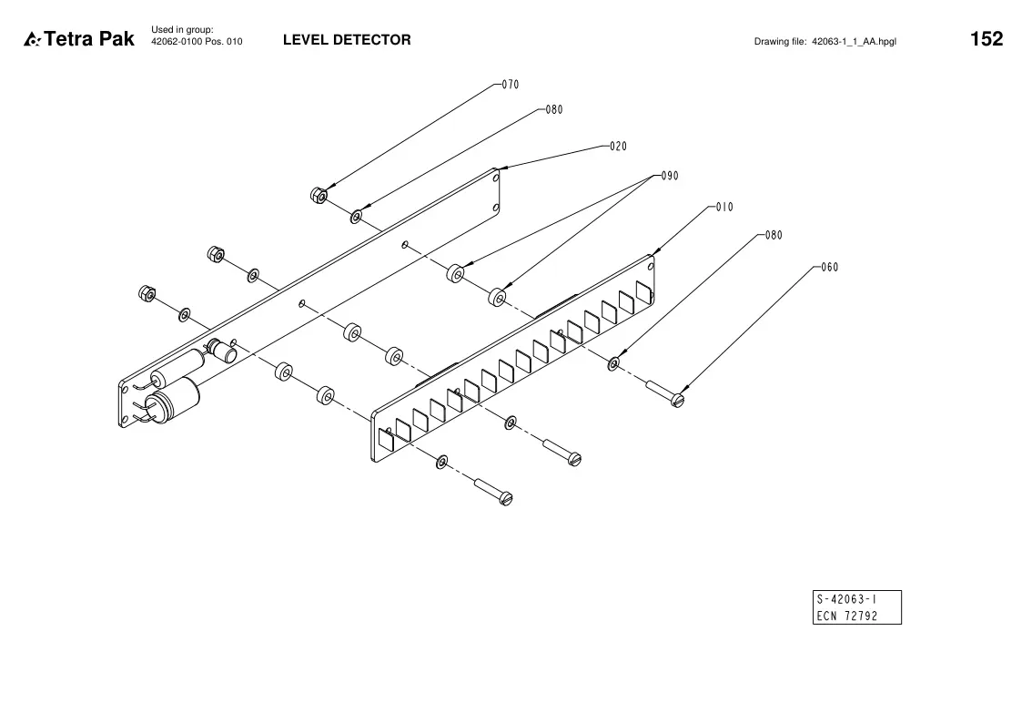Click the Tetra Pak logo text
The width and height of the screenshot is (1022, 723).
[88, 39]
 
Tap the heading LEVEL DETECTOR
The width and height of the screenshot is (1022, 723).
[347, 40]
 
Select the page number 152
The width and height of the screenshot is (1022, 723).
[987, 39]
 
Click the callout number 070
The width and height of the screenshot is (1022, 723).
[511, 85]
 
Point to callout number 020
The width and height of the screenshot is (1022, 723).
[619, 147]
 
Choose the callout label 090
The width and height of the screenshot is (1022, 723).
[670, 176]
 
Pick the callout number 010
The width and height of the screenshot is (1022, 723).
[724, 208]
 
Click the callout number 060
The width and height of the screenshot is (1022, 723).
[830, 268]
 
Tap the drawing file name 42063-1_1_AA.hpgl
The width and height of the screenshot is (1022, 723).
[854, 42]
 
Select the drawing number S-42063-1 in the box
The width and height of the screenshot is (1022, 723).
[846, 599]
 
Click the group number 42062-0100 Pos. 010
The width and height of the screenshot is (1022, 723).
[197, 42]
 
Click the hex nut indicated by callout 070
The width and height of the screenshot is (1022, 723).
[319, 194]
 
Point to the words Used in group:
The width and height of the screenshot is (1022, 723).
[183, 30]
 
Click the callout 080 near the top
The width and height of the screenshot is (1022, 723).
[554, 110]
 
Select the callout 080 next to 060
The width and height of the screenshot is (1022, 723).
[774, 235]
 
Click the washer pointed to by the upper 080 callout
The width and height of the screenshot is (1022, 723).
[356, 217]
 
